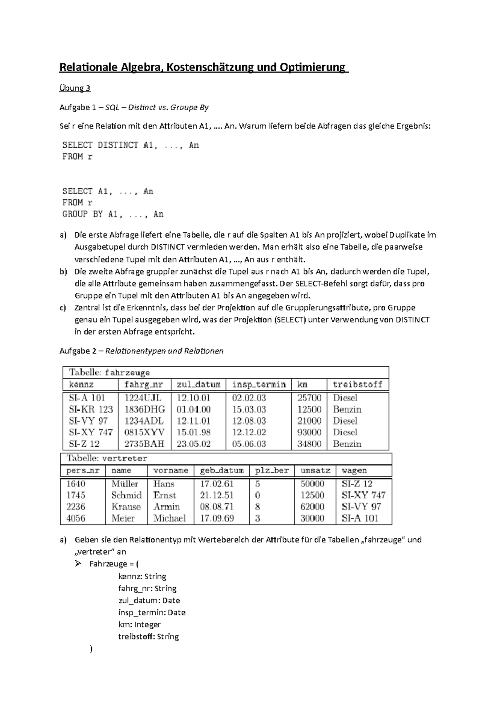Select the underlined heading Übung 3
pos(75,88)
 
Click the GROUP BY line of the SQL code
pos(113,214)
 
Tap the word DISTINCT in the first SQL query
pos(118,145)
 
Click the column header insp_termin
pos(259,385)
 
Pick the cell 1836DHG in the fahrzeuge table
pos(145,409)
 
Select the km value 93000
pos(309,432)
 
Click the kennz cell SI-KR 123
pos(91,409)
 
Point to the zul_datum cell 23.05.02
pos(193,444)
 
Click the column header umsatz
pos(315,471)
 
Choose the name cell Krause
pos(126,507)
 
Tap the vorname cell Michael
pos(169,518)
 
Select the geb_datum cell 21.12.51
pos(217,495)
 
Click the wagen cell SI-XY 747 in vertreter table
pos(363,495)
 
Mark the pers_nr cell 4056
pos(76,518)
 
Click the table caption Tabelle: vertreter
pos(107,459)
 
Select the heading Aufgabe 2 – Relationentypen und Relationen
pos(141,351)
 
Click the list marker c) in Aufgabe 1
pos(63,308)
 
